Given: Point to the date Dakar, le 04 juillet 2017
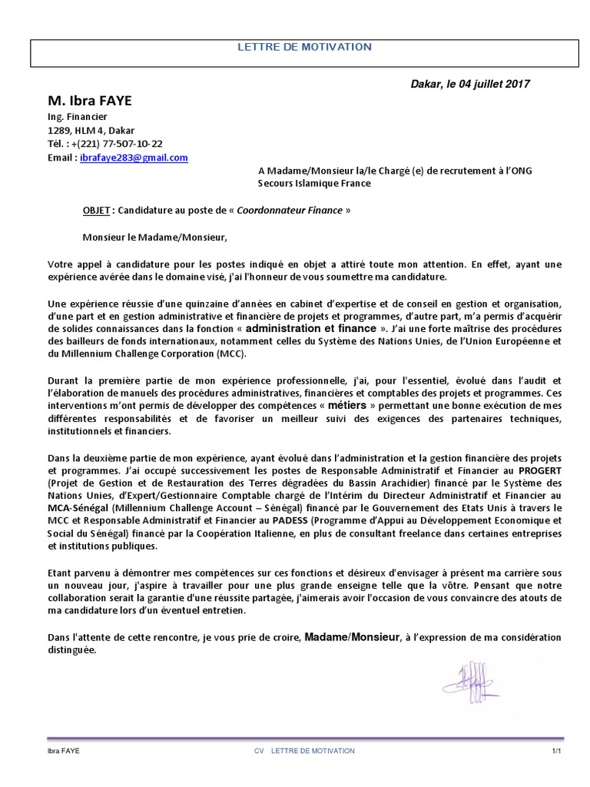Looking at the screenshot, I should click(470, 84).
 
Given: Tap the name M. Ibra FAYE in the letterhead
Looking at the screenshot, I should click(91, 101).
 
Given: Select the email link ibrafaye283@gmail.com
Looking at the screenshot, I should click(134, 158).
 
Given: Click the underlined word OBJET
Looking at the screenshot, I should click(97, 211).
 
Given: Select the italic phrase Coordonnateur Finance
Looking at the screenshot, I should click(290, 211).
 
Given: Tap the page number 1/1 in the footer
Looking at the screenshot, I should click(557, 751).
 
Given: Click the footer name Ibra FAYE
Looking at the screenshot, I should click(64, 751).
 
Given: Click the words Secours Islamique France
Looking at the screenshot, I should click(313, 184).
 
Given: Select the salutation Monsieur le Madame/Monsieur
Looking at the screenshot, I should click(155, 237).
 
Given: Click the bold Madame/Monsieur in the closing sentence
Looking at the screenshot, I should click(353, 637).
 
